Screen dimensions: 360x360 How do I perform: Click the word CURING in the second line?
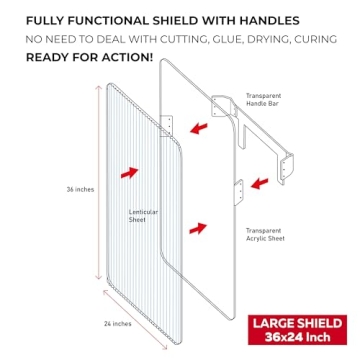coord(318,38)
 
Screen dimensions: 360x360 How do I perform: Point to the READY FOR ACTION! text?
coord(89,56)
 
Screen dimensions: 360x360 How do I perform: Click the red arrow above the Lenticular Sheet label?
coord(129,172)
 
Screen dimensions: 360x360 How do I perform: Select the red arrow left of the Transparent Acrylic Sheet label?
coord(198,228)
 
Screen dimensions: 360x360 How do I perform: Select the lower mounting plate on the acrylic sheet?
coord(239,190)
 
